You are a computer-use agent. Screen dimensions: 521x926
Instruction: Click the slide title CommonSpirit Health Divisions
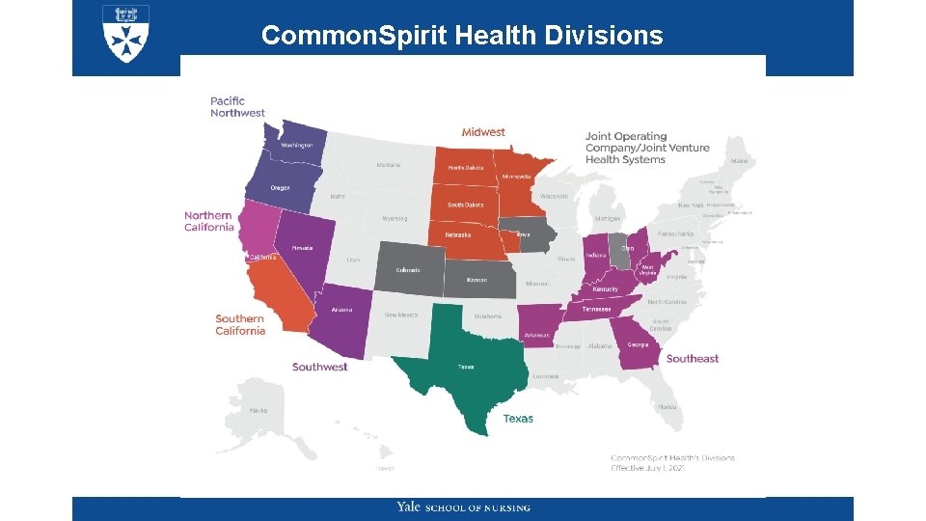462,36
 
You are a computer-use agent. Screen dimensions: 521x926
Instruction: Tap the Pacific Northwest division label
237,106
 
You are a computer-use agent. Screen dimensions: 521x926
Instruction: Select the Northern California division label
209,221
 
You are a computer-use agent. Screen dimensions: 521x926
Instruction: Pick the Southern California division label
240,324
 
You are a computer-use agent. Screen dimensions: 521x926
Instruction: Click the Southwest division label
319,367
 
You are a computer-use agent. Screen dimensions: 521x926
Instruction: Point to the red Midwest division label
483,132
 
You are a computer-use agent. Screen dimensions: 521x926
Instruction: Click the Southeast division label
692,359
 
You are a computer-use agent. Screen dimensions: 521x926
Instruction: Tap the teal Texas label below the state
518,419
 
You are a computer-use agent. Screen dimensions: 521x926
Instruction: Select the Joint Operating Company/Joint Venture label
646,148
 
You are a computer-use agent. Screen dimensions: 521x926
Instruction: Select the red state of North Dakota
466,167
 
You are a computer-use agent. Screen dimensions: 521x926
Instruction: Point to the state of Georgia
637,348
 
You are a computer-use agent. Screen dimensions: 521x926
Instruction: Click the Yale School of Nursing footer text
463,507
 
